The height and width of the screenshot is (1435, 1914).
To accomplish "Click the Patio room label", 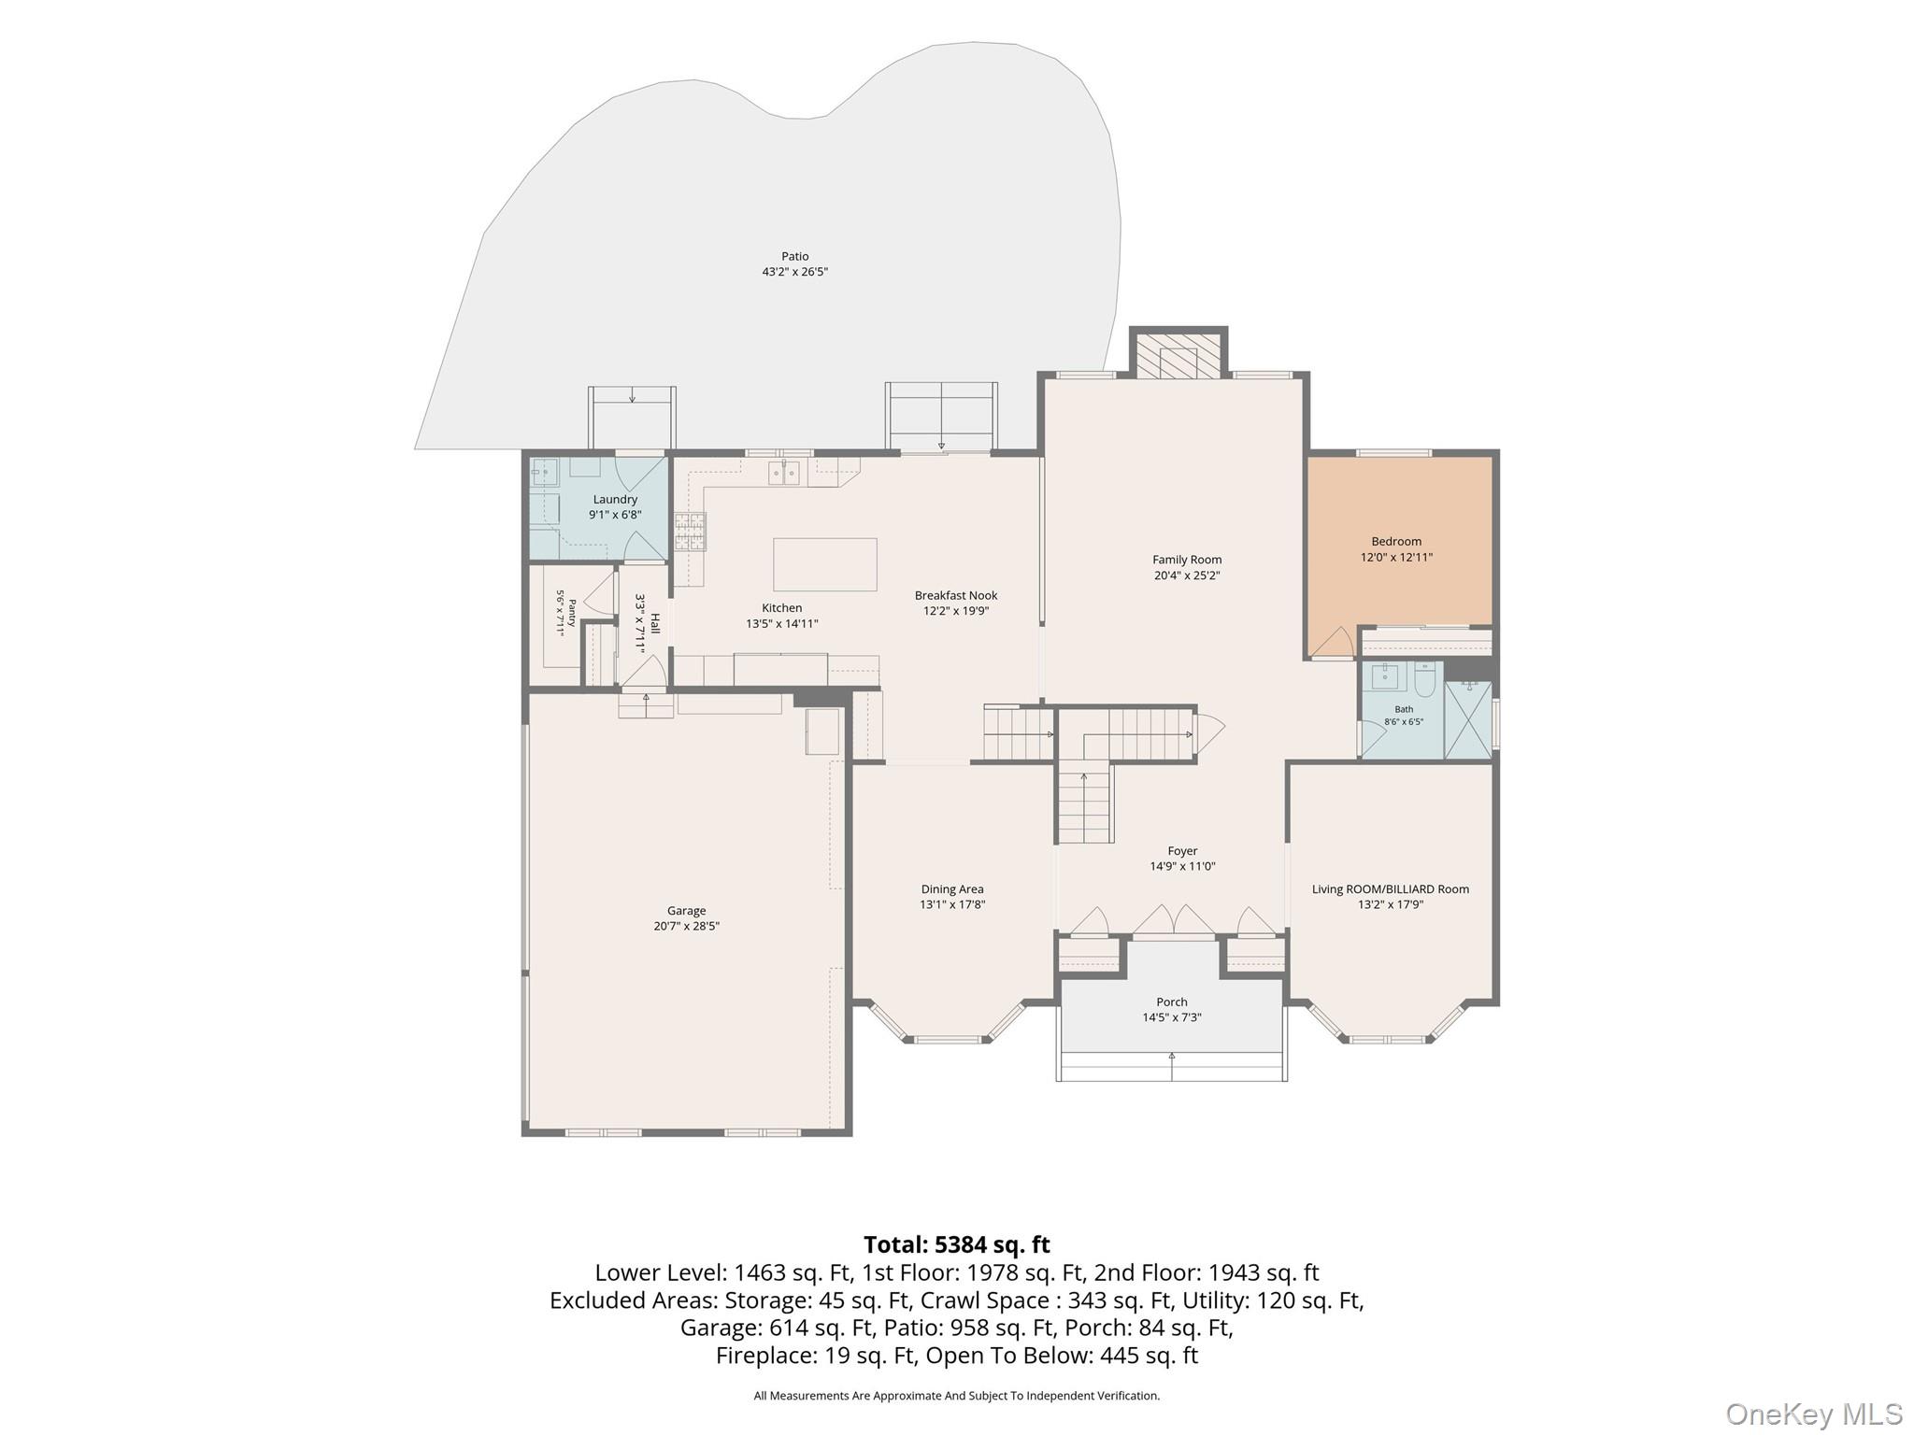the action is pos(795,256).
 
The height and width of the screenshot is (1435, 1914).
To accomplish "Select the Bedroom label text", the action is pos(1396,542).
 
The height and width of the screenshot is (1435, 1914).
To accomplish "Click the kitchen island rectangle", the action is pos(825,564).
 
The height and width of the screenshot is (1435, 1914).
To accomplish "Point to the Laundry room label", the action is pos(615,500).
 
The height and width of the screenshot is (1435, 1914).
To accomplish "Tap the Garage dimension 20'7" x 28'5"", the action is pos(687,927).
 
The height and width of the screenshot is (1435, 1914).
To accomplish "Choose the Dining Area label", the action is pos(952,889).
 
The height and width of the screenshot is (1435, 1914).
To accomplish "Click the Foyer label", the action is pos(1182,851).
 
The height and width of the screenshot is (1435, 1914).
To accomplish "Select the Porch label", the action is pos(1172,1002).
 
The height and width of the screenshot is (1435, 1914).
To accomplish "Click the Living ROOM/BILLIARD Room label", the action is pos(1391,889).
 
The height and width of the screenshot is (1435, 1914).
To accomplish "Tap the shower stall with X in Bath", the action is pos(1468,719).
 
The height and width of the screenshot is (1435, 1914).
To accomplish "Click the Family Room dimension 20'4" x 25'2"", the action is pos(1187,575).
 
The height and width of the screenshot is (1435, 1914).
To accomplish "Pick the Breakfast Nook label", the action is pos(956,595).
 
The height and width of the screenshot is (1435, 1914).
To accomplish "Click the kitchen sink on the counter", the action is pos(784,473).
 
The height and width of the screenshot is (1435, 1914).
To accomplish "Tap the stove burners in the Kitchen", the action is pos(691,532).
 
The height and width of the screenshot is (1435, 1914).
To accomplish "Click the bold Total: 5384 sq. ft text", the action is pos(957,1245).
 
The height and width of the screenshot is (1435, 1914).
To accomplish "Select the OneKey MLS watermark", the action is pos(1814,1414).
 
